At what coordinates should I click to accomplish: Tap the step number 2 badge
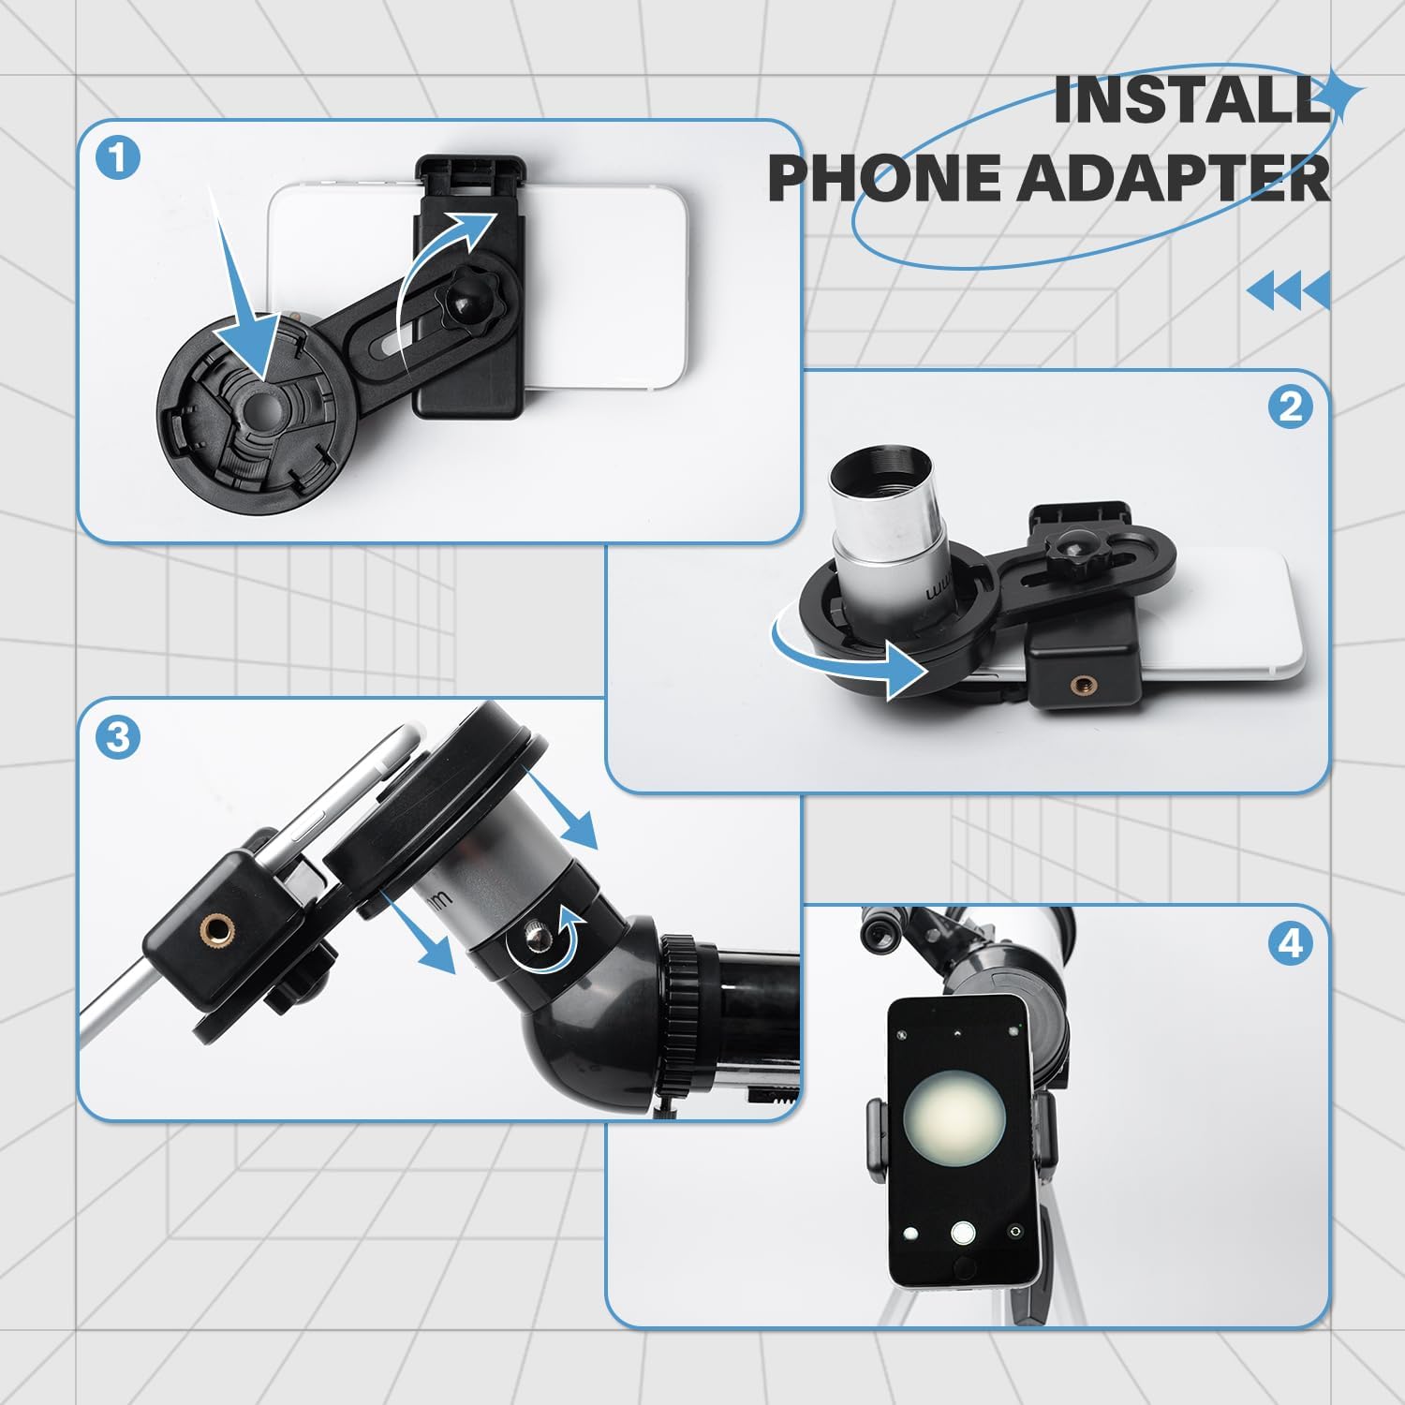[1290, 407]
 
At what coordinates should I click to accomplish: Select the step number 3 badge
[118, 738]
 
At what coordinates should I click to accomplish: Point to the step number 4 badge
[1290, 942]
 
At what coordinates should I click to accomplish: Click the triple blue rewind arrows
[1289, 290]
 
